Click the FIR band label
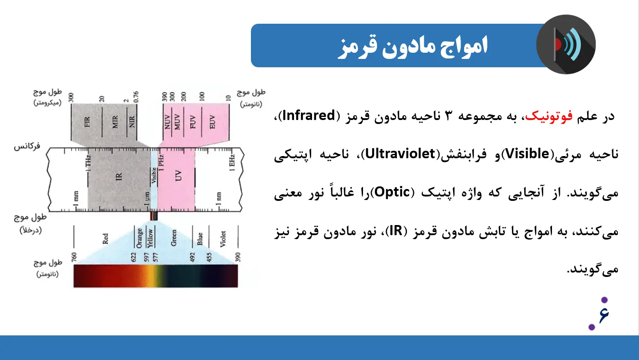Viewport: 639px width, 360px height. tap(87, 122)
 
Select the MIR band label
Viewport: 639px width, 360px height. tap(115, 122)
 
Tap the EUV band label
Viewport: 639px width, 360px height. tap(212, 122)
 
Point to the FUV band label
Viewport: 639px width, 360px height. tap(192, 122)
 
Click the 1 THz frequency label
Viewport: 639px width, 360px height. tap(88, 163)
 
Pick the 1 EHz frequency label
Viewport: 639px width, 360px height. tap(232, 163)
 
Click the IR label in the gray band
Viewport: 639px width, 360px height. tap(119, 177)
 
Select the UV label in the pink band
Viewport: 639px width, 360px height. tap(178, 175)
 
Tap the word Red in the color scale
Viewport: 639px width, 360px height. tap(105, 239)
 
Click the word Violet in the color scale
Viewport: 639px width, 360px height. tap(223, 239)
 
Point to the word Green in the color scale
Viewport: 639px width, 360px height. tap(174, 238)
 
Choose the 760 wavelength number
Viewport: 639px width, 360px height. tap(74, 257)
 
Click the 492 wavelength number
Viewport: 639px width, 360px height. tap(192, 257)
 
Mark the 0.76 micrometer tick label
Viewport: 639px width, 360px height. tap(136, 97)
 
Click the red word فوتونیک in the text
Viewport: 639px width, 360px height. tap(549, 116)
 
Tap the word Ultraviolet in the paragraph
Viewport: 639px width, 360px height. tap(400, 154)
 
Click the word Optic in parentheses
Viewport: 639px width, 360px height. tap(392, 192)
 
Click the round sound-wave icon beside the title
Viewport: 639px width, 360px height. tap(566, 44)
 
